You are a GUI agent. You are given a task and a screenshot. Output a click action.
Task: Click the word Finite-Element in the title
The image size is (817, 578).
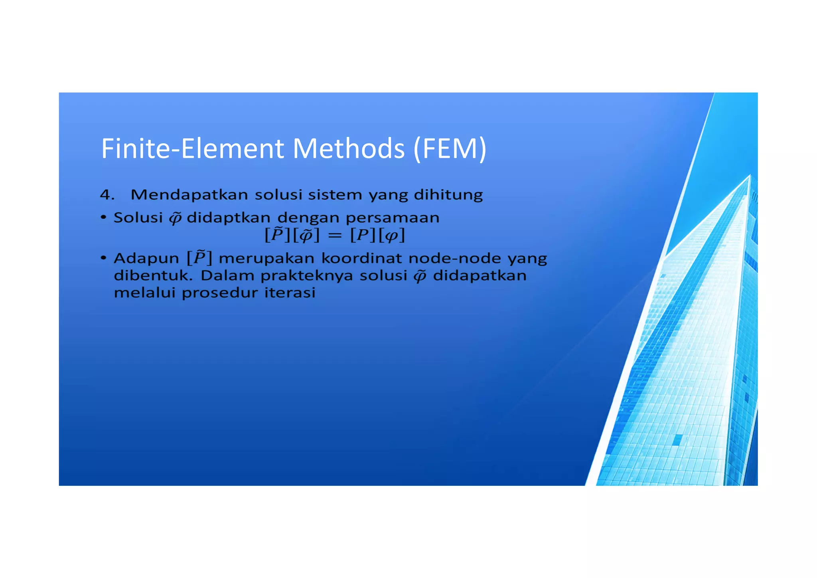[x=192, y=148]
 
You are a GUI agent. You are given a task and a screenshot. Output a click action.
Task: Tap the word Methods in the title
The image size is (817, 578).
[x=349, y=148]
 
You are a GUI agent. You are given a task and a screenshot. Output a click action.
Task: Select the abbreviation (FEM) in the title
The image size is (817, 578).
[x=450, y=148]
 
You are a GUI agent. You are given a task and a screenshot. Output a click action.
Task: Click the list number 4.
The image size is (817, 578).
[x=107, y=195]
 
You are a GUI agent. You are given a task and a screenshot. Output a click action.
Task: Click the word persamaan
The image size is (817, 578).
[x=393, y=218]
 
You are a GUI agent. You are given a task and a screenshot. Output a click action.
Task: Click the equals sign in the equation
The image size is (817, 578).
[x=335, y=236]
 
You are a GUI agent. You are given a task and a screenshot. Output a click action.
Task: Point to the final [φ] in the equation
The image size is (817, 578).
[x=391, y=236]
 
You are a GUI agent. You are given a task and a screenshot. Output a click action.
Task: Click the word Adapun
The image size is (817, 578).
[x=146, y=259]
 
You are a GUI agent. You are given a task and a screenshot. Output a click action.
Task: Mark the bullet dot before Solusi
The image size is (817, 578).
[x=104, y=218]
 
